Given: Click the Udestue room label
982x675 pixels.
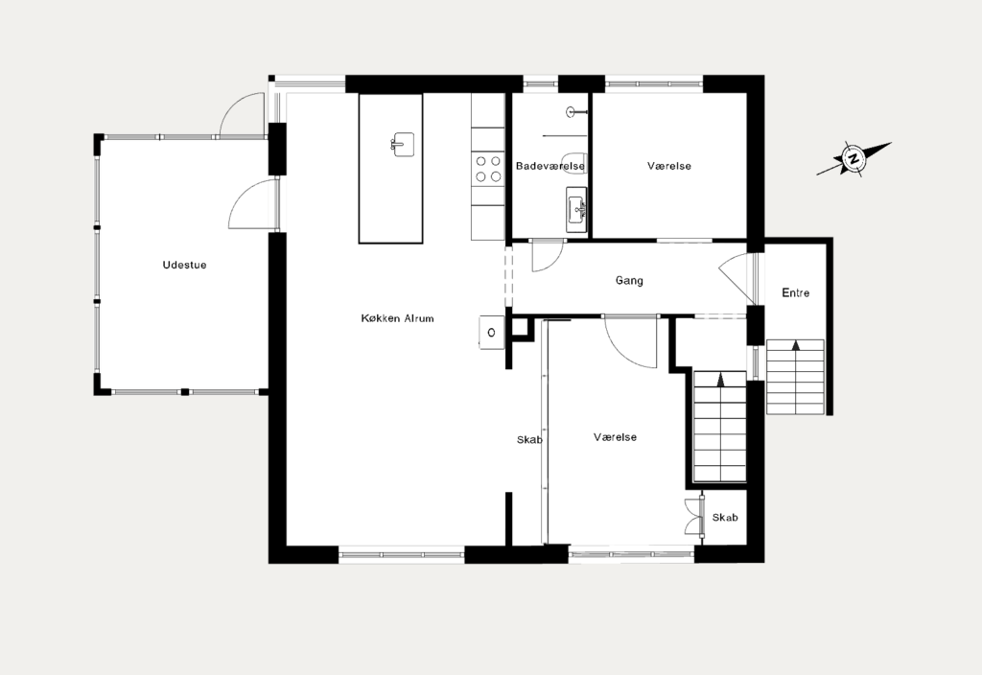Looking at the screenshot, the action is [184, 265].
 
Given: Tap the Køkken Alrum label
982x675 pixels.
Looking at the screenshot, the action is [397, 318].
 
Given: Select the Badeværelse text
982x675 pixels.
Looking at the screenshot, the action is [550, 166].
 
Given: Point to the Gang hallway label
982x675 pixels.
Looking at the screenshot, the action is [629, 281].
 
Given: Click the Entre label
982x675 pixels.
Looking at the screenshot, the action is [795, 292].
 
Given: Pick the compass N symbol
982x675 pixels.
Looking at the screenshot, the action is [853, 158].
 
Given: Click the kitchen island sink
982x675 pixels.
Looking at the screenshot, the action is [401, 145].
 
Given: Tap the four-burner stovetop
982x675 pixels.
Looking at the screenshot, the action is [488, 169].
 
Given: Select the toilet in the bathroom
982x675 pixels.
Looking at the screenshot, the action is [573, 160].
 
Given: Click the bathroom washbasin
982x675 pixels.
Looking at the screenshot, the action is [576, 210].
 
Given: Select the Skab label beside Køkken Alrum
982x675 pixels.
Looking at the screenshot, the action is [529, 440].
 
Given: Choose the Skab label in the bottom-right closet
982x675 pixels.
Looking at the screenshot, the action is [725, 517].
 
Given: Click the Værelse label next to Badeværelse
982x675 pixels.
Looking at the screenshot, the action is [668, 166].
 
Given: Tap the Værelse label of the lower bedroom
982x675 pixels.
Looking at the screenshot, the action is [615, 437].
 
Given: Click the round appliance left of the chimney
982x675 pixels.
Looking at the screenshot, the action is [492, 333].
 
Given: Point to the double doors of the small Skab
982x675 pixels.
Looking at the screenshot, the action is [694, 517].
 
